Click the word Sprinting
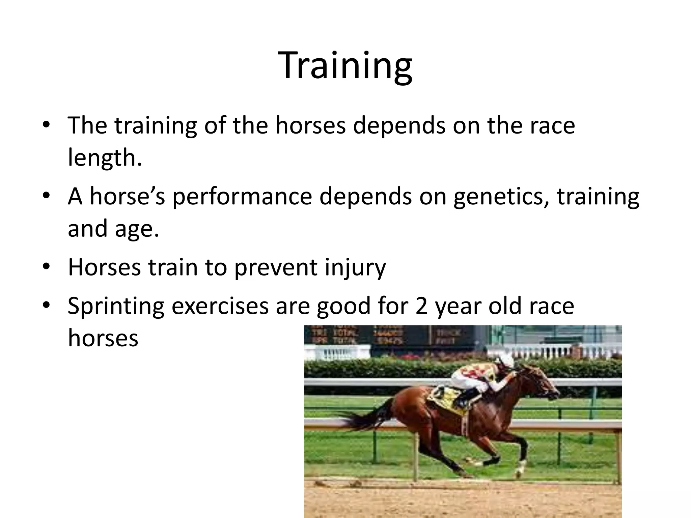click(116, 306)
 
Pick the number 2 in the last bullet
click(421, 306)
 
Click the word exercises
click(220, 306)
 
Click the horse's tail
click(364, 418)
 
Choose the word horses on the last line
click(103, 338)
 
